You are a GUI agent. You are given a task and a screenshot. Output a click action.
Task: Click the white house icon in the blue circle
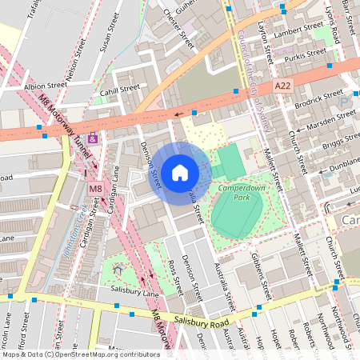click(x=180, y=173)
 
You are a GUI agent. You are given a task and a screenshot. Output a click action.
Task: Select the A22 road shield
click(x=282, y=85)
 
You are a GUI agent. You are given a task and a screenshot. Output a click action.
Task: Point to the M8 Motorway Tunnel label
click(x=69, y=129)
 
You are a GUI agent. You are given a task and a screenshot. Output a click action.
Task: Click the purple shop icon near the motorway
click(x=94, y=138)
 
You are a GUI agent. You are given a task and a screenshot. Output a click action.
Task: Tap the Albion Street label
click(x=46, y=86)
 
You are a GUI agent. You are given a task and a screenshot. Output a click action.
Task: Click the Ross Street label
click(x=174, y=275)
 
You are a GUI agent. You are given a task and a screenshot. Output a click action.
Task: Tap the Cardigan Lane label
click(x=114, y=204)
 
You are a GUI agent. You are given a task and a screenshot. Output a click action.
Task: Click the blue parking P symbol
click(x=345, y=102)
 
